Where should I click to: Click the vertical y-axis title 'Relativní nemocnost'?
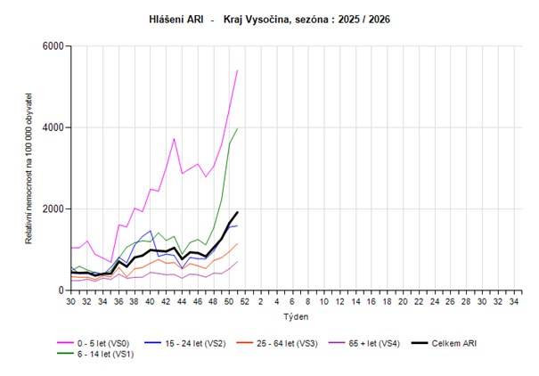(29, 168)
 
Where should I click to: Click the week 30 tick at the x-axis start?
(71, 302)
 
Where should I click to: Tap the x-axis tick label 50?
(229, 302)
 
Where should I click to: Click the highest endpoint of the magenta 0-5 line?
(237, 69)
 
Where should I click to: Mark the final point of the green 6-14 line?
(237, 127)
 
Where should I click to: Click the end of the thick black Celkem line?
(237, 212)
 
